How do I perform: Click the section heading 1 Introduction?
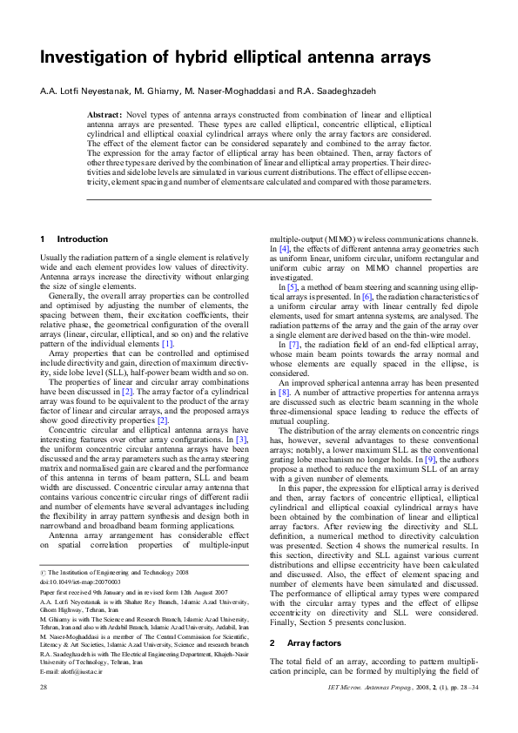[75, 239]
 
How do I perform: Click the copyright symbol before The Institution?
[44, 571]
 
